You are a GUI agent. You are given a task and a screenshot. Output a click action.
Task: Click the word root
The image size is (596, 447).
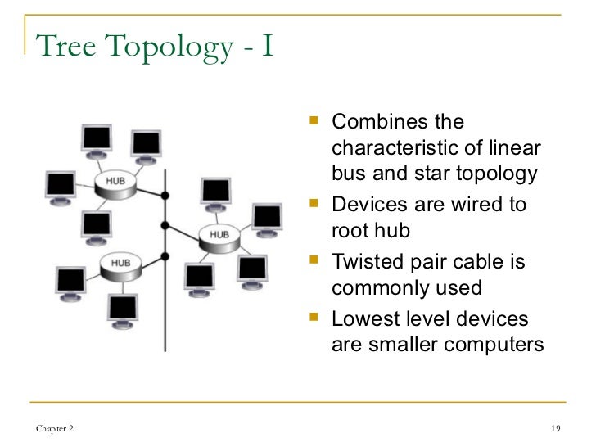click(x=348, y=231)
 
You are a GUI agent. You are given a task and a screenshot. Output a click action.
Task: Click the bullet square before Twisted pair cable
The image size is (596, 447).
click(x=317, y=262)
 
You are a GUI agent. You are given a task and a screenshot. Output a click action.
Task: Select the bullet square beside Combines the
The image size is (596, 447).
click(x=317, y=123)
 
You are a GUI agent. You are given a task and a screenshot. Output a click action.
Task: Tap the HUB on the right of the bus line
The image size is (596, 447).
click(x=219, y=236)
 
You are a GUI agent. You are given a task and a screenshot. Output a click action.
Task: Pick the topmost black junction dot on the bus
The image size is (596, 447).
click(x=165, y=196)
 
